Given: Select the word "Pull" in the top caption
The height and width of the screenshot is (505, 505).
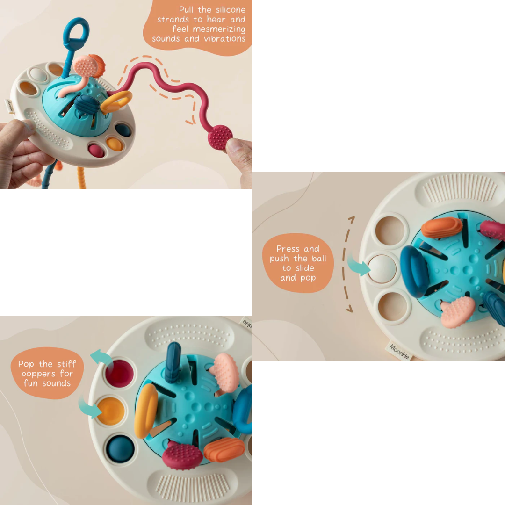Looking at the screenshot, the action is pos(186,10).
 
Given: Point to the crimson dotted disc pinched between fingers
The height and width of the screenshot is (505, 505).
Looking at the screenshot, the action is pos(220,137).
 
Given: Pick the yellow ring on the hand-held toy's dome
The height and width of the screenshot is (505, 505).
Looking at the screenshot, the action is pos(116,101).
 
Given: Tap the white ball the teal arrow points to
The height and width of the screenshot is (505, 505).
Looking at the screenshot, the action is pos(382,268).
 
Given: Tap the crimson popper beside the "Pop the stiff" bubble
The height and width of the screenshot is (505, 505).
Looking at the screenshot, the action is pos(120,374).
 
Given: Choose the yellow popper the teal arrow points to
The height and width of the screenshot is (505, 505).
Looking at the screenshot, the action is pos(111,411).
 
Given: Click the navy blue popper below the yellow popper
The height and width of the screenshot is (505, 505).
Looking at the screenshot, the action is pos(120,448).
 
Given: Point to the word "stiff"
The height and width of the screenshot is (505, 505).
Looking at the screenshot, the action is pos(66,364).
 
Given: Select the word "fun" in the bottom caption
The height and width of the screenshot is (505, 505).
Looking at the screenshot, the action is pos(31,383).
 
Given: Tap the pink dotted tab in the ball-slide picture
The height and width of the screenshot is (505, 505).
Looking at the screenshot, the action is pos(457,311).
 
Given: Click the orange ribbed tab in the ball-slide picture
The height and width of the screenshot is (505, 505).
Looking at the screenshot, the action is pos(441,227).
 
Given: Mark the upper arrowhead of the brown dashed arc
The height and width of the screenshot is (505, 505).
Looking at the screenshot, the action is pos(352,219).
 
